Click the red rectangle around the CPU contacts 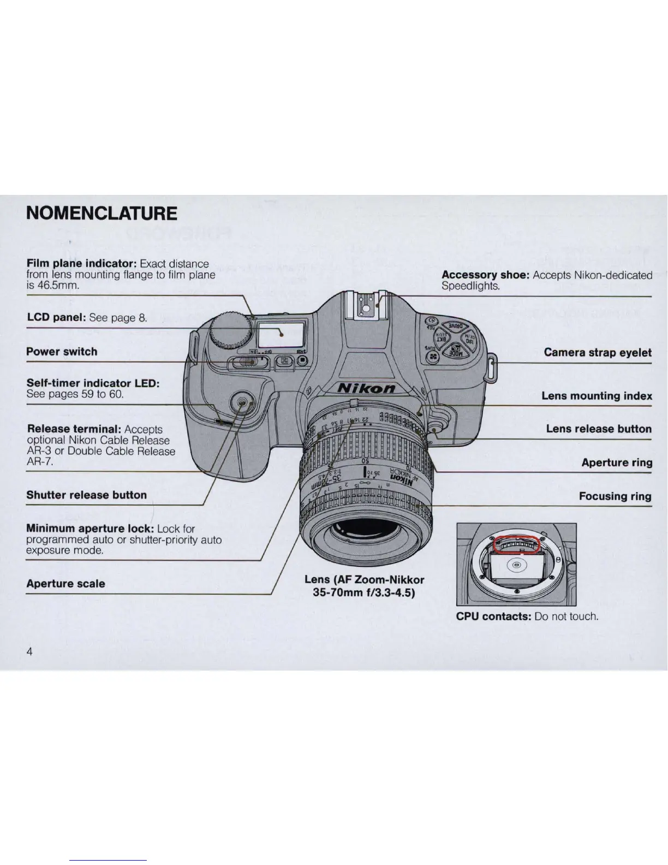tap(516, 544)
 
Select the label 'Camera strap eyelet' tap(598, 352)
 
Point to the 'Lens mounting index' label tap(597, 396)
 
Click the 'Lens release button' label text tap(599, 429)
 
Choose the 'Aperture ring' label tap(617, 463)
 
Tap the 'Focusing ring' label tap(615, 496)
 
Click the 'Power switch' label tap(62, 352)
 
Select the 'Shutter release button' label tap(87, 495)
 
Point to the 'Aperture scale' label tap(65, 583)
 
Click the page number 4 tap(30, 651)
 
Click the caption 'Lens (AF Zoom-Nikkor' tap(364, 579)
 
